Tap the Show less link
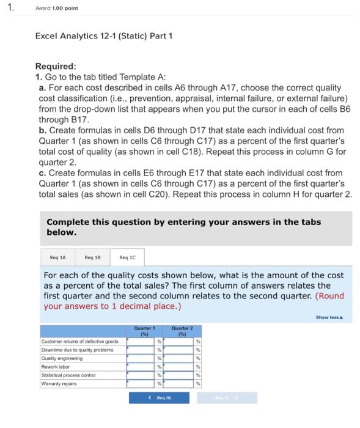coord(330,317)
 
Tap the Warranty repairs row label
coord(60,383)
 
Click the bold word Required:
coord(56,67)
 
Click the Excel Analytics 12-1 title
coord(104,36)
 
